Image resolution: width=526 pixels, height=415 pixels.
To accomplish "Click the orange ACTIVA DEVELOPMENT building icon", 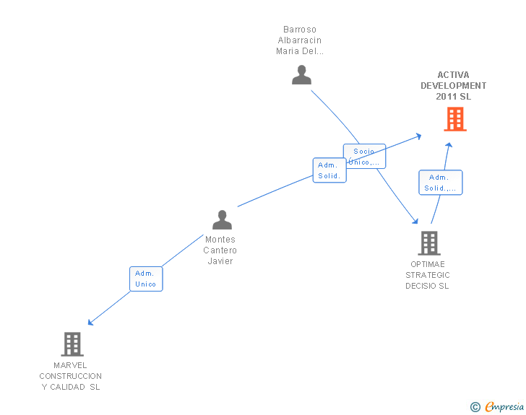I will point(454,119).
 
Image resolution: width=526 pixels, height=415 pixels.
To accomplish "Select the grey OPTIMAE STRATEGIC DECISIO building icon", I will point(428,243).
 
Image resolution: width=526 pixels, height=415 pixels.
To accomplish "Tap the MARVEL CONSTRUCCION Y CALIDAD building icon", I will point(72,344).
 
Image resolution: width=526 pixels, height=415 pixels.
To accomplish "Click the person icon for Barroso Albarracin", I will point(301,75).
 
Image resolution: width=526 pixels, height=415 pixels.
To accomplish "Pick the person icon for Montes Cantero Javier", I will point(222,219).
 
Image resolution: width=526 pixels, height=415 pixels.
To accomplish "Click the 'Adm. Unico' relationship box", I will point(146,279).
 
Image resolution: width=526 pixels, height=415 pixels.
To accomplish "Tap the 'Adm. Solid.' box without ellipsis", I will point(329,170).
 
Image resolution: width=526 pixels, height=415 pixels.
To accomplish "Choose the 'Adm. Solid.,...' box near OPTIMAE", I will point(440,183).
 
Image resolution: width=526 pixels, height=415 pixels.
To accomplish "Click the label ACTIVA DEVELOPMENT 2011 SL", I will point(453,85).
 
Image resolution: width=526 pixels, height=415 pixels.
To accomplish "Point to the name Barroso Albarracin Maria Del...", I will point(300,40).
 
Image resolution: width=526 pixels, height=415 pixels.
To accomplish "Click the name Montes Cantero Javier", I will point(220,250).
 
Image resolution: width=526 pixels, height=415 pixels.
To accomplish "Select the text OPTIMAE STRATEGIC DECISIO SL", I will point(427,275).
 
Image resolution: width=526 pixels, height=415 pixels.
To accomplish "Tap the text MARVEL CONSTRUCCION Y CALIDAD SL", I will point(71,376).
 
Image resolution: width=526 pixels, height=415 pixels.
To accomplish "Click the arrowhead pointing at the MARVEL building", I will point(90,323).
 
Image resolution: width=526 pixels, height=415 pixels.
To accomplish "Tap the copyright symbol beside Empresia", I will point(475,407).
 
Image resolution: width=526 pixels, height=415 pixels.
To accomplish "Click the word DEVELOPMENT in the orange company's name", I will point(453,85).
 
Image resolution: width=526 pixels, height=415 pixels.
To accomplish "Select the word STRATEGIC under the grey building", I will point(427,275).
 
